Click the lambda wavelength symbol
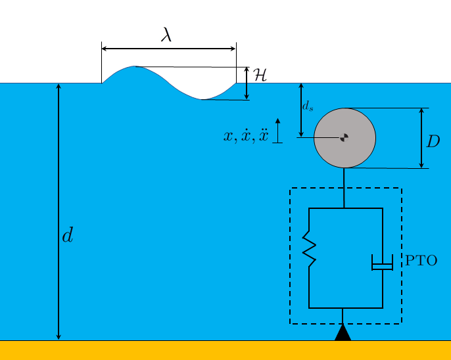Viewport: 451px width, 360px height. [x=166, y=35]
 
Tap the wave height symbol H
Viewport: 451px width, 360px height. [x=260, y=75]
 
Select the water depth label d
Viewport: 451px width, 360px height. [x=67, y=236]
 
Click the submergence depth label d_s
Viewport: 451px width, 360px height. [x=308, y=106]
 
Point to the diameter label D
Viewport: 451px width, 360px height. [x=433, y=141]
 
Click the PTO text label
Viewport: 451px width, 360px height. [x=421, y=260]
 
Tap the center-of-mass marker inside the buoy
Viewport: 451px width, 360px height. [x=344, y=137]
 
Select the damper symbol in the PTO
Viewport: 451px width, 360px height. [x=382, y=262]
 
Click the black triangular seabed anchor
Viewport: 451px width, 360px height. [x=343, y=333]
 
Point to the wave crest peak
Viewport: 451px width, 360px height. [x=135, y=67]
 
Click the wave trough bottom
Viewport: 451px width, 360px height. [x=202, y=99]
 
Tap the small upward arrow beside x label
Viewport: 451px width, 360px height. [x=277, y=130]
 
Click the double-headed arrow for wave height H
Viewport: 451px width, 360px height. [x=247, y=83]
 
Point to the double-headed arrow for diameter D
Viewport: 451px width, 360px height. [x=421, y=138]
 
